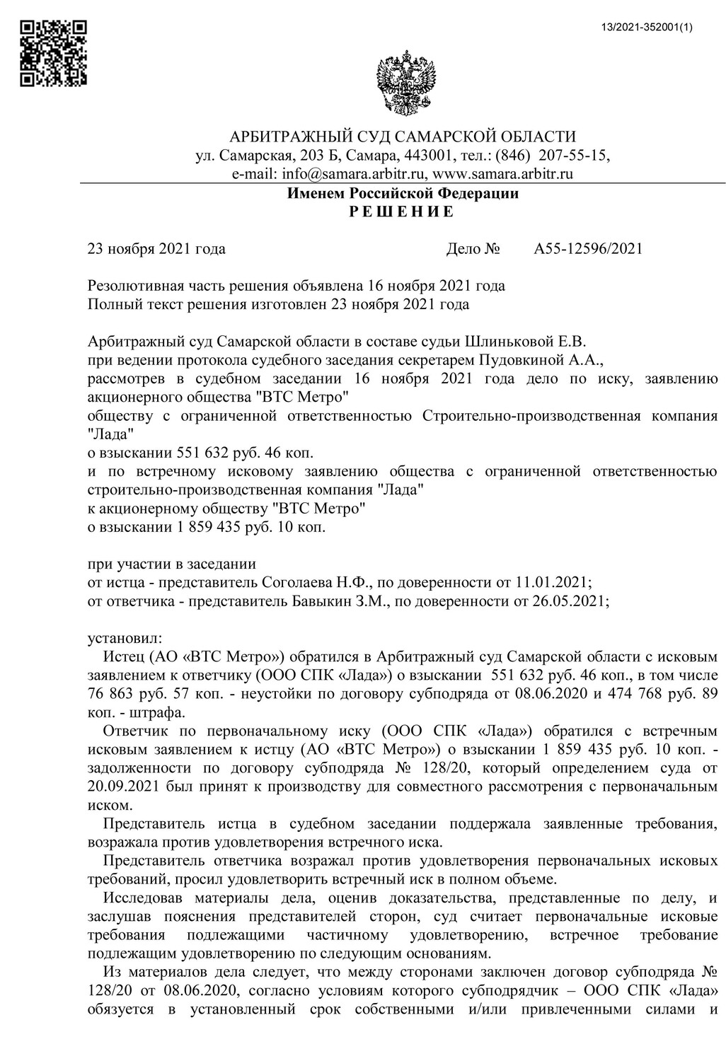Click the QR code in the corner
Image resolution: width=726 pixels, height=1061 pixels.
[53, 54]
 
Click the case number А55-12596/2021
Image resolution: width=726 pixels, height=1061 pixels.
[588, 249]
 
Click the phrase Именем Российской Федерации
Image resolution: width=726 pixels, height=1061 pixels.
[403, 193]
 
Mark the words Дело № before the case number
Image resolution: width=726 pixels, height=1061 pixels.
[473, 249]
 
